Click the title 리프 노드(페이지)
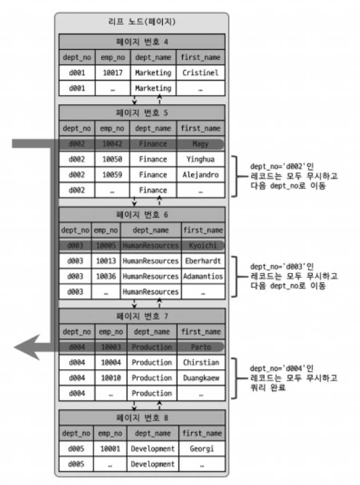pyautogui.click(x=141, y=22)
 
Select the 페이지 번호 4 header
pyautogui.click(x=141, y=41)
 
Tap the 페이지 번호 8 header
pyautogui.click(x=141, y=418)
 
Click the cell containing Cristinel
pyautogui.click(x=200, y=72)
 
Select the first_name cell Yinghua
pyautogui.click(x=200, y=159)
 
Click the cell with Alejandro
pyautogui.click(x=200, y=175)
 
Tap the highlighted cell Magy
pyautogui.click(x=200, y=144)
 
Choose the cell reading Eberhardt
pyautogui.click(x=203, y=261)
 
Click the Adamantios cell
pyautogui.click(x=203, y=276)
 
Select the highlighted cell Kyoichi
pyautogui.click(x=203, y=246)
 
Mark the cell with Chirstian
pyautogui.click(x=200, y=362)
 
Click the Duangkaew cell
pyautogui.click(x=200, y=377)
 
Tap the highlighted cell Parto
pyautogui.click(x=200, y=347)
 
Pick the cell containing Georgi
pyautogui.click(x=200, y=448)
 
